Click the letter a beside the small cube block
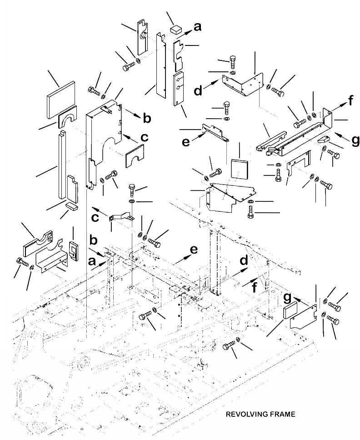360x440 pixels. pyautogui.click(x=197, y=27)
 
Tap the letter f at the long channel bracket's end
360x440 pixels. pyautogui.click(x=350, y=101)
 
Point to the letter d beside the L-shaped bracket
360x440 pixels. pyautogui.click(x=198, y=91)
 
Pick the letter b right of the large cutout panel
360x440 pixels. pyautogui.click(x=146, y=119)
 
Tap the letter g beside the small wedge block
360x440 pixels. pyautogui.click(x=355, y=140)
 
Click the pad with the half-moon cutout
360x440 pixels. pyautogui.click(x=67, y=117)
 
